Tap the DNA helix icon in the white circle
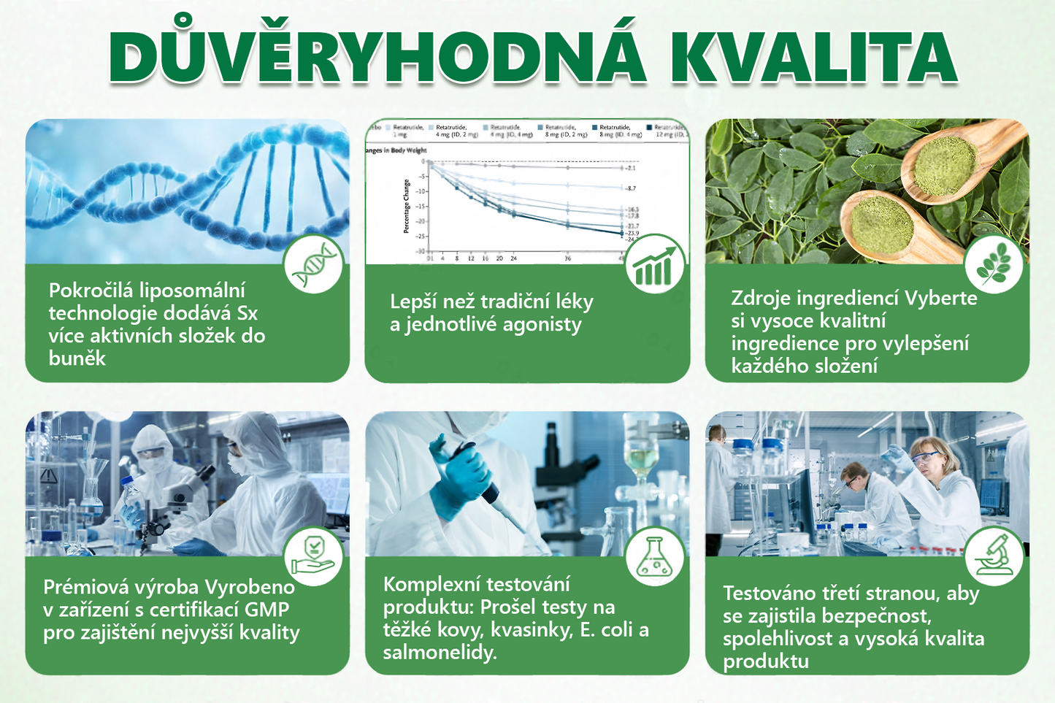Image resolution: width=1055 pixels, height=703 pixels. [313, 264]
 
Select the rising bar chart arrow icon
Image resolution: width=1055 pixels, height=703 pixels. [655, 264]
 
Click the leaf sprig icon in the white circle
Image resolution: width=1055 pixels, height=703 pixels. [993, 264]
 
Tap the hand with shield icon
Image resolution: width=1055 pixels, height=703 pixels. [313, 556]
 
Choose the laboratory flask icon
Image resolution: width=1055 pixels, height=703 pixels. [655, 556]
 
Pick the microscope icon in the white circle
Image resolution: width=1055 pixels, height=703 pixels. [993, 556]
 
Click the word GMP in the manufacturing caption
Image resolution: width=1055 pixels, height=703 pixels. [266, 610]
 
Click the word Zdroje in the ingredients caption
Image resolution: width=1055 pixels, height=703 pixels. [761, 298]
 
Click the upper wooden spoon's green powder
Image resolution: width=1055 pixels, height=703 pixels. [945, 163]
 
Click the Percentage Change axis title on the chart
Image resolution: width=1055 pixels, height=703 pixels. [407, 207]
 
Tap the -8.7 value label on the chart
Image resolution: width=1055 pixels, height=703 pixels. [631, 188]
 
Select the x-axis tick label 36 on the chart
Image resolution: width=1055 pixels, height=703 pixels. [567, 258]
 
